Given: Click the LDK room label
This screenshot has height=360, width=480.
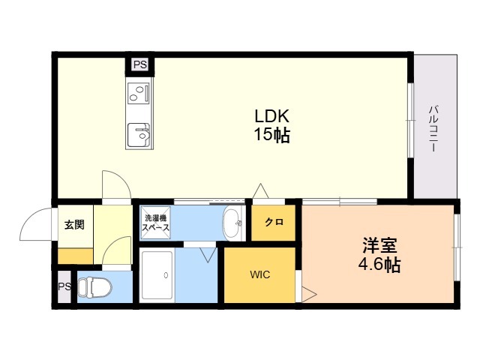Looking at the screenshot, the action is pos(271,116).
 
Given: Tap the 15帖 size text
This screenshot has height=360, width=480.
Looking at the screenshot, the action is pos(271,134).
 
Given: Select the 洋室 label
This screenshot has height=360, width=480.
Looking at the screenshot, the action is pos(379,245).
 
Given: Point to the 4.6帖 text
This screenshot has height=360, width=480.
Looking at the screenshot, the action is pos(379,264).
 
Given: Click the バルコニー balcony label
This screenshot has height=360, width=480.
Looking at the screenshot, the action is pos(433,128).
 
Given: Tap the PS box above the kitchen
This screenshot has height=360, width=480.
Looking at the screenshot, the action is pos(140,65).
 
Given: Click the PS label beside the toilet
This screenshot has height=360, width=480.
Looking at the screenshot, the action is pos(64,286).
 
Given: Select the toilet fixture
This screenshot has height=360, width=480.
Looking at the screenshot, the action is pos(94,287).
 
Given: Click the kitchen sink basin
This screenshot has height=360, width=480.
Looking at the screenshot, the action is pos(139,135).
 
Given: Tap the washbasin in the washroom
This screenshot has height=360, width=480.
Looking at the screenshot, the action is pos(233,223).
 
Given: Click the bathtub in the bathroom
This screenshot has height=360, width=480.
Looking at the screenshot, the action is pos(157,275).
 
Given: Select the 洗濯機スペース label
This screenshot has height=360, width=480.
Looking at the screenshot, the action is pos(156,223).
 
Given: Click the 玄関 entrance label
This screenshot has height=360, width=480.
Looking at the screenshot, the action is pos(74,225).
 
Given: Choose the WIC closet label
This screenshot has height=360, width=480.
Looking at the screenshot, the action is pos(260,274).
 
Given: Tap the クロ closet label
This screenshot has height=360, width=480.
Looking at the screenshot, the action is pos(274,222).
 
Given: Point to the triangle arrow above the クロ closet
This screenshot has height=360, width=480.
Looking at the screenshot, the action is pos(260,191).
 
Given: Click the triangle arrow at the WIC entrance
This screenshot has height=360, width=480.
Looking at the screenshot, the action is pos(309,295).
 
